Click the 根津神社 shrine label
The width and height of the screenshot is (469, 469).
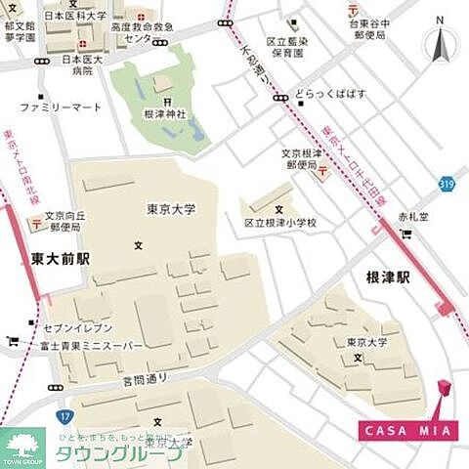[x=166, y=114]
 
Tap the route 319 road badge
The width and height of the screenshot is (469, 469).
[x=447, y=183]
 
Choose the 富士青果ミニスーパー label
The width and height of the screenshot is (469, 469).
[x=91, y=346]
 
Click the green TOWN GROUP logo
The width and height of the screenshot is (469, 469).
[x=21, y=448]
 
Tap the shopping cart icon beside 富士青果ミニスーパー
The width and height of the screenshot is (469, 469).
[x=13, y=341]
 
